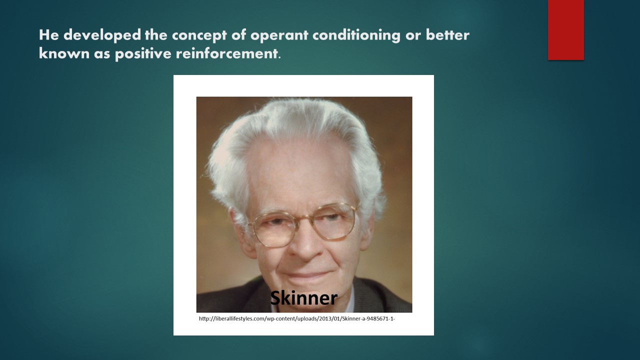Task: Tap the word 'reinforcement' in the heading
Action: click(x=226, y=53)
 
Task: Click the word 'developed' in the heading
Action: click(x=102, y=35)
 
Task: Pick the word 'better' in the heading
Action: click(x=447, y=35)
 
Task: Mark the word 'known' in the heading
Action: click(x=64, y=53)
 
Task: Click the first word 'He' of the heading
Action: click(x=49, y=35)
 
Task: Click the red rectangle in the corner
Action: click(x=565, y=29)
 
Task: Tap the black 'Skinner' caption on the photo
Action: click(x=303, y=297)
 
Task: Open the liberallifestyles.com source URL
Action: click(x=297, y=318)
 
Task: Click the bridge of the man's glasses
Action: click(x=305, y=219)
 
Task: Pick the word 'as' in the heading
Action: click(x=102, y=54)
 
